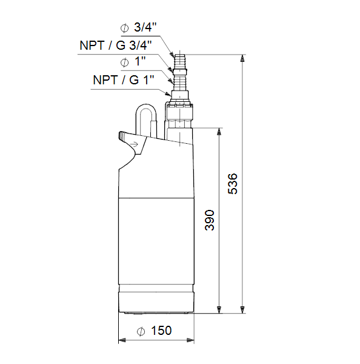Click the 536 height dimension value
coord(233,183)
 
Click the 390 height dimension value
coord(210,220)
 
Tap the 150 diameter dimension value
coord(161,331)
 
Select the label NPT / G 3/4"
coord(116,45)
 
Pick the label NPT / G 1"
coord(124,80)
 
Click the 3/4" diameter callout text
coord(145,27)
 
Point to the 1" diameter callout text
coord(140,61)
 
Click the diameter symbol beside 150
coord(141,331)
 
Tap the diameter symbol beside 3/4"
coord(125,29)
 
